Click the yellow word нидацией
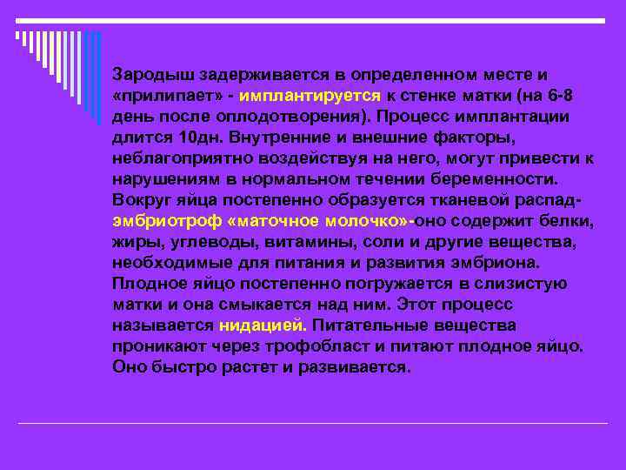coord(263,325)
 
